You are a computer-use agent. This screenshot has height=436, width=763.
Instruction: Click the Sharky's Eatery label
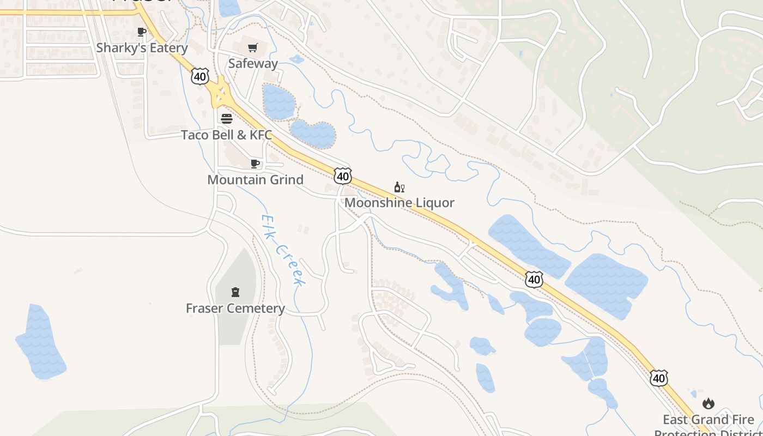tap(142, 48)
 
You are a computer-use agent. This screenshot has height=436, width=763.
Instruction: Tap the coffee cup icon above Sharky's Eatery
tap(142, 32)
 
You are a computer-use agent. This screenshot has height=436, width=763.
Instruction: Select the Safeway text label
tap(253, 63)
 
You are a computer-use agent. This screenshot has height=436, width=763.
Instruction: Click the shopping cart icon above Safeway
tap(252, 48)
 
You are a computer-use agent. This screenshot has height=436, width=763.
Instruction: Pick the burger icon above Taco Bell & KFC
tap(227, 118)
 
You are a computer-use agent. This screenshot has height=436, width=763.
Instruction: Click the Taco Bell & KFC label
tap(226, 135)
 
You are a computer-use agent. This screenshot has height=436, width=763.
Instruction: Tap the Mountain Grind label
tap(255, 179)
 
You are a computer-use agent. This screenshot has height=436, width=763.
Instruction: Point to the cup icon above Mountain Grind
tap(255, 163)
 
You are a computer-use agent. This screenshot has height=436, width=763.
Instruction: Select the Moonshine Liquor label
tap(399, 203)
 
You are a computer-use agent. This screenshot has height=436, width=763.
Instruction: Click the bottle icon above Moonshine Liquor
tap(399, 187)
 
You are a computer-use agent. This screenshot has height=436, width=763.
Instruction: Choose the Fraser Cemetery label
tap(235, 308)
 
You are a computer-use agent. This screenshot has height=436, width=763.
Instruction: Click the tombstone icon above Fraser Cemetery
tap(235, 292)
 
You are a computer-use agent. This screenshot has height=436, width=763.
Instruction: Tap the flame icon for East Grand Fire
tap(708, 403)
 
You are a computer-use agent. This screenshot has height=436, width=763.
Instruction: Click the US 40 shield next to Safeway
tap(200, 77)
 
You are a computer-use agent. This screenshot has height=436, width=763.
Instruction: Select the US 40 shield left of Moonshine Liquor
tap(343, 176)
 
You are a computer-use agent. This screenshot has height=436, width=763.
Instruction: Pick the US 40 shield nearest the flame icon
tap(659, 378)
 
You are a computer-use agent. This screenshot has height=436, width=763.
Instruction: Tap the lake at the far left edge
tap(41, 343)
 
